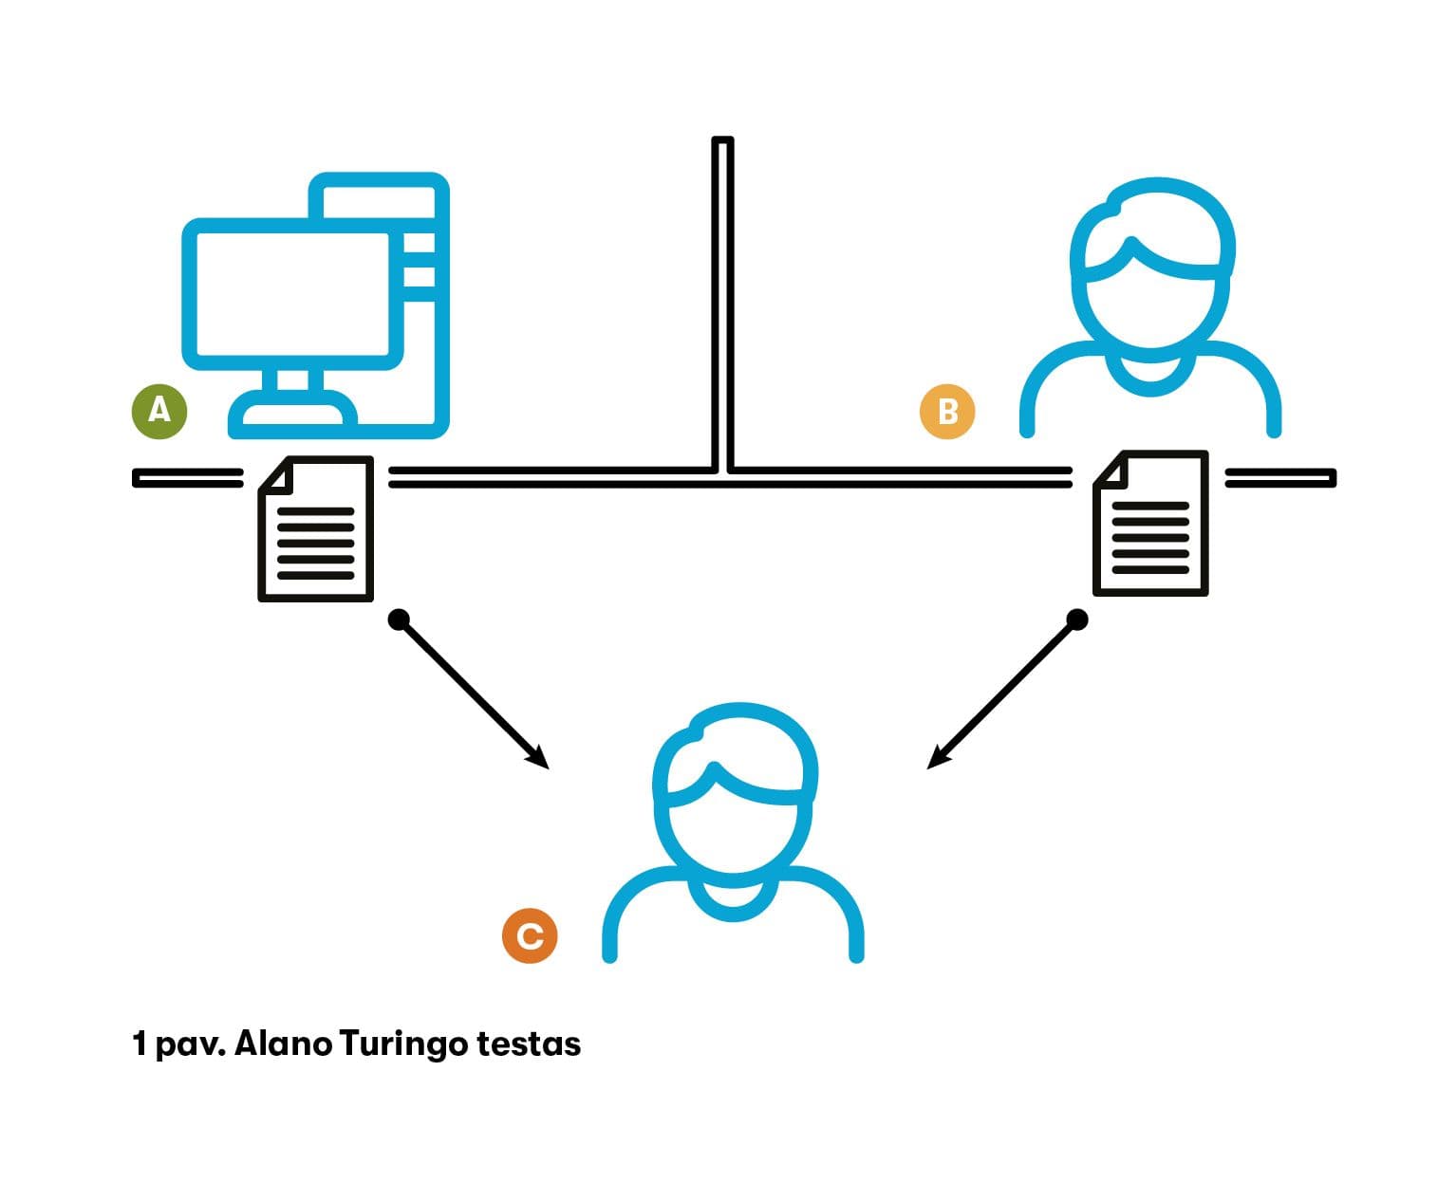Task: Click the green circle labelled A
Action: click(x=159, y=411)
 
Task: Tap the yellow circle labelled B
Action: click(x=947, y=412)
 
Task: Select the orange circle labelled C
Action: click(x=530, y=935)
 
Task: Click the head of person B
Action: click(x=1151, y=266)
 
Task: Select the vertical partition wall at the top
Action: click(x=722, y=304)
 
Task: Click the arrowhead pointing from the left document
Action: click(x=539, y=758)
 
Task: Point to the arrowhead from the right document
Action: click(x=937, y=758)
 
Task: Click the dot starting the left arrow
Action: click(x=400, y=620)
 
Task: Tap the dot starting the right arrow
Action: click(x=1076, y=620)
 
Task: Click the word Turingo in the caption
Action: click(x=403, y=1044)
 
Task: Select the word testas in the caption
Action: click(x=529, y=1044)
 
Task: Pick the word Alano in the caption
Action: click(x=283, y=1044)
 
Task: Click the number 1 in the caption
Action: click(x=140, y=1044)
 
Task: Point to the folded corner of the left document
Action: click(x=272, y=472)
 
